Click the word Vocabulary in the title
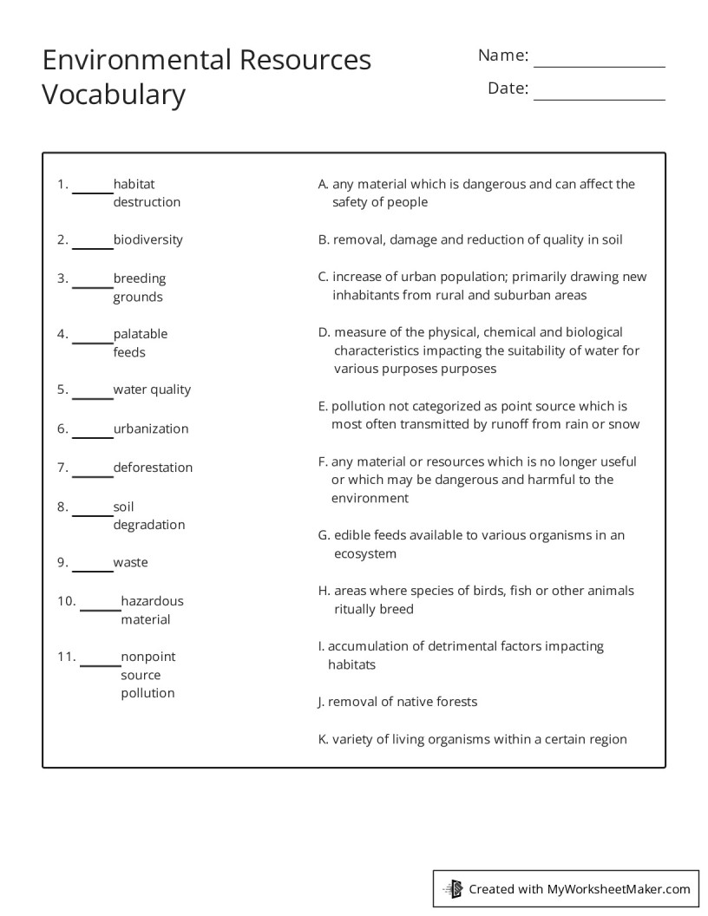click(x=114, y=94)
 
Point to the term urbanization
click(x=150, y=429)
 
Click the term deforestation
click(x=153, y=468)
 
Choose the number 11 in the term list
click(x=67, y=657)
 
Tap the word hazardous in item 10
click(x=152, y=600)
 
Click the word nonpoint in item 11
click(x=147, y=657)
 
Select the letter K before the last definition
click(x=323, y=740)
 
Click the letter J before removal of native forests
click(x=321, y=702)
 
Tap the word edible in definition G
click(x=352, y=535)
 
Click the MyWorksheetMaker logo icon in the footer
click(x=453, y=888)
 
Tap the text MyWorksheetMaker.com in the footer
click(x=619, y=888)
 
